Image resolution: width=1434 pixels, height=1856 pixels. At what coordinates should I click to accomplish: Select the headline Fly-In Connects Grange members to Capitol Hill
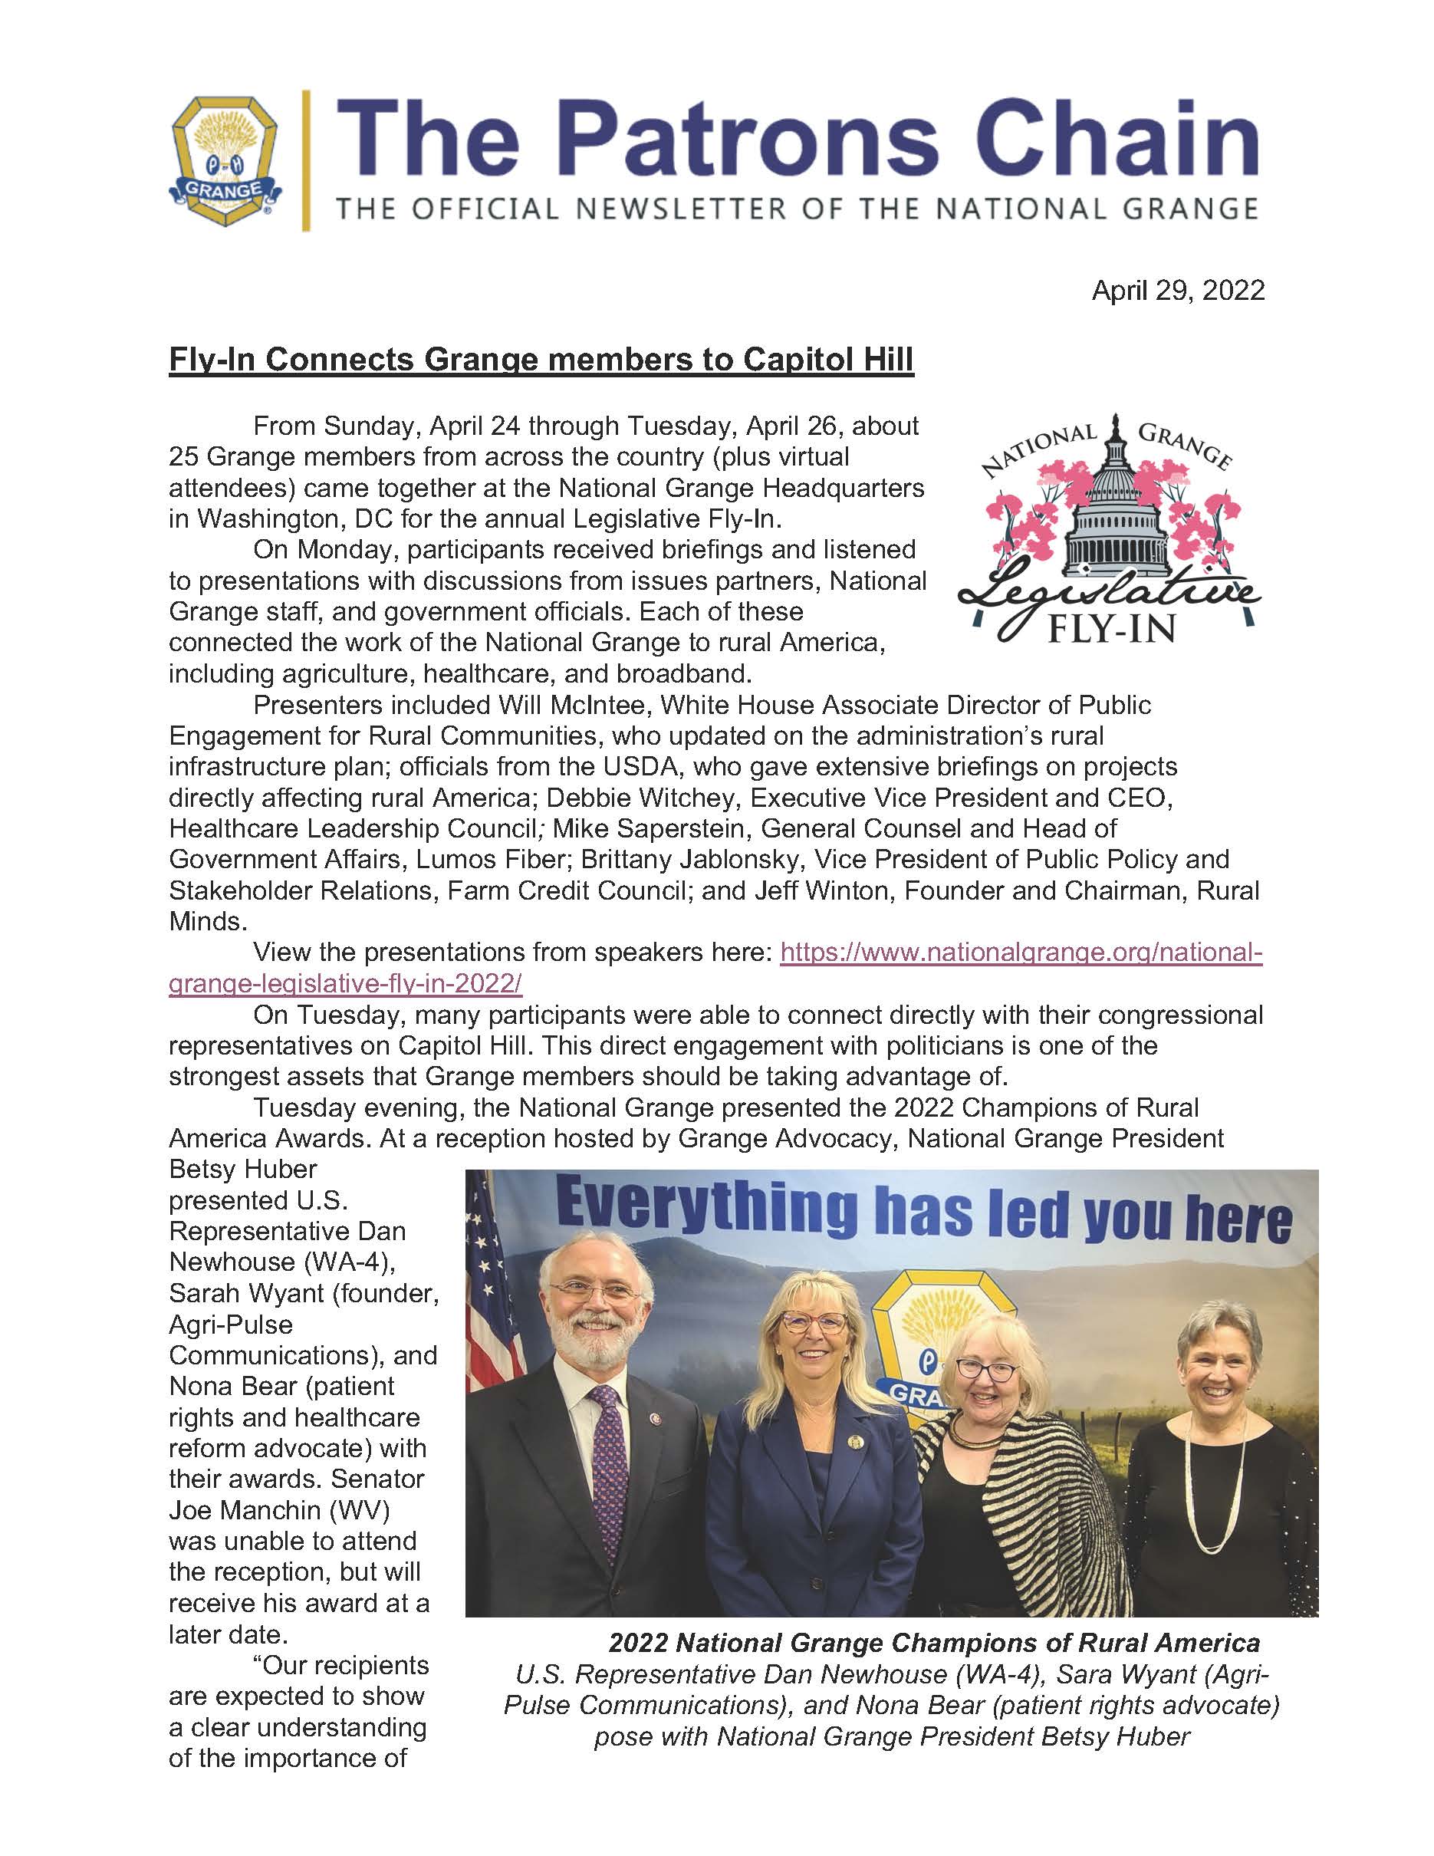[x=541, y=360]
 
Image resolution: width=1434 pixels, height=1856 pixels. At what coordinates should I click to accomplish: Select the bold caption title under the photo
[x=933, y=1642]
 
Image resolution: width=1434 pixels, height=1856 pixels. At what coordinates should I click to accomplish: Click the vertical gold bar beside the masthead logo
[x=306, y=160]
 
